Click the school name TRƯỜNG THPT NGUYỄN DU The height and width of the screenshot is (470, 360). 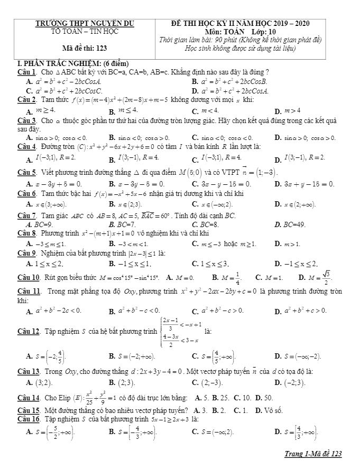click(x=85, y=23)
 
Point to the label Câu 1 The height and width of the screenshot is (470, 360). click(x=26, y=72)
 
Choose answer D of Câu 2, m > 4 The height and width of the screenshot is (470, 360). click(x=288, y=111)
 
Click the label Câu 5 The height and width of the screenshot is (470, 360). click(x=26, y=173)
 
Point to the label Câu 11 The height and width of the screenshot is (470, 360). click(x=28, y=292)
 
